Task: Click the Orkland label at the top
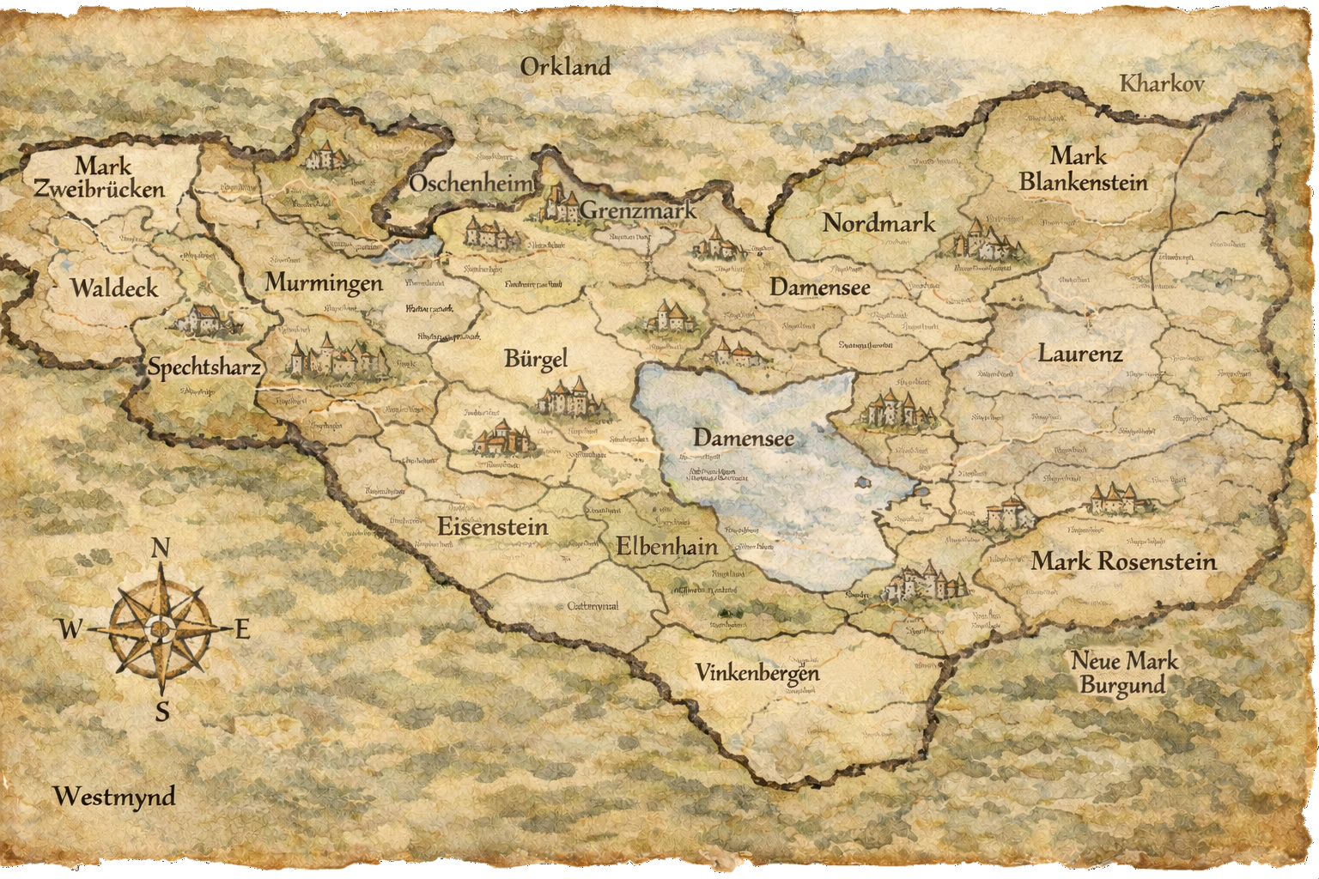click(x=565, y=67)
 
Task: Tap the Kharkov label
click(x=1163, y=84)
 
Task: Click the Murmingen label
click(x=324, y=282)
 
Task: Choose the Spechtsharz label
click(x=204, y=367)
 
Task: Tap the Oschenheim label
click(x=471, y=184)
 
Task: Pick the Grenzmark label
click(x=637, y=210)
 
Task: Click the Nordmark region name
click(x=878, y=223)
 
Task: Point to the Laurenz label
click(x=1080, y=354)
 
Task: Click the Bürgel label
click(x=536, y=359)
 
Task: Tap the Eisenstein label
click(x=492, y=526)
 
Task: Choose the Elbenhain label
click(x=666, y=546)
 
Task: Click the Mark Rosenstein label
click(x=1123, y=562)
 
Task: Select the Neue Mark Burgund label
click(x=1123, y=673)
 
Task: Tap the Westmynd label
click(x=114, y=797)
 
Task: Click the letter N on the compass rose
click(x=160, y=549)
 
